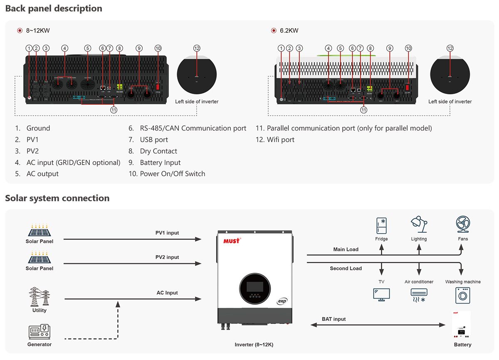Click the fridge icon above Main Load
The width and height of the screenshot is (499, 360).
tap(381, 225)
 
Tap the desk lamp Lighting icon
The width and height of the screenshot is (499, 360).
tap(419, 224)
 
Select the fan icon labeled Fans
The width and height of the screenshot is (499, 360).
tap(463, 224)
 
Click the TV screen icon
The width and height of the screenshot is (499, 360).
tap(381, 295)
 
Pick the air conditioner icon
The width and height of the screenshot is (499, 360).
tap(419, 295)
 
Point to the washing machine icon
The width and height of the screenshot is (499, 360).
tap(463, 295)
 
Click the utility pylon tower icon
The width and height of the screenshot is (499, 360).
tap(40, 297)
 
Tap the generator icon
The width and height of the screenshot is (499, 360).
tap(40, 332)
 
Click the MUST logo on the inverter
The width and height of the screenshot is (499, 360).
tap(232, 241)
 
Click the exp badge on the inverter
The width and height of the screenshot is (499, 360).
tap(282, 301)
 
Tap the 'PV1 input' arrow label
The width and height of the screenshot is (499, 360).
tap(167, 233)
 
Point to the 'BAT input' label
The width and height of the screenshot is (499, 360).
tap(333, 319)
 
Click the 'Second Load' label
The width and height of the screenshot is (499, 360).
tap(346, 269)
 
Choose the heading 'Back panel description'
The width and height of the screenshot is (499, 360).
tap(54, 8)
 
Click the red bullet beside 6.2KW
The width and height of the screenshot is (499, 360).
tap(274, 30)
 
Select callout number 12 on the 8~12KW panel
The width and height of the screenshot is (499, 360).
tap(197, 48)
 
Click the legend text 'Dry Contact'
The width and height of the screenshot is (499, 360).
tap(158, 151)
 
